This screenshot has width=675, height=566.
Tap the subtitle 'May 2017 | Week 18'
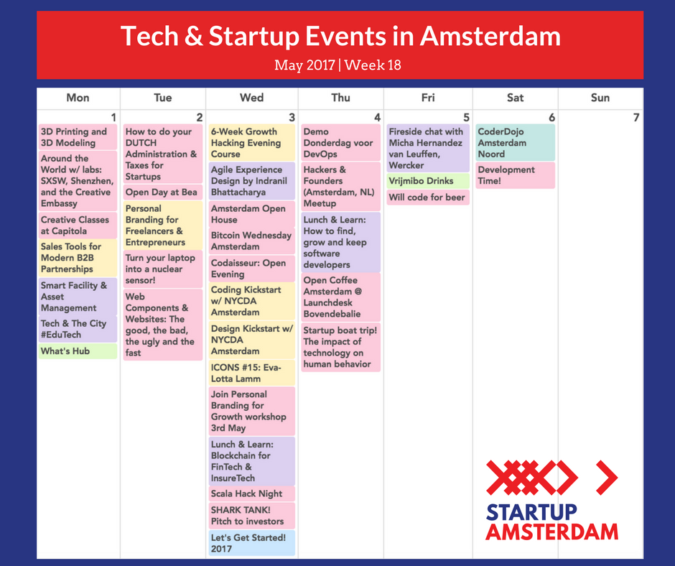pos(337,65)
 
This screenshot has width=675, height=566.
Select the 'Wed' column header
pos(251,98)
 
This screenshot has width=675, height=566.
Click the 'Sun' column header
pos(600,98)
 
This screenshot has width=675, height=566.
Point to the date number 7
pos(636,118)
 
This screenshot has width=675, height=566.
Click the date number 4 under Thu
pos(378,118)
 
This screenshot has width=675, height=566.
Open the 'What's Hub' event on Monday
pos(78,351)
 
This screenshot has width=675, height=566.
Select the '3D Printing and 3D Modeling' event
pos(78,137)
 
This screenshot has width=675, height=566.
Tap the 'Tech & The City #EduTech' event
pos(78,329)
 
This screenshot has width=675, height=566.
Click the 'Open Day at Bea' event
pos(162,192)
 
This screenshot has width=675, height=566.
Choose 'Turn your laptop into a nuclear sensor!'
pos(162,269)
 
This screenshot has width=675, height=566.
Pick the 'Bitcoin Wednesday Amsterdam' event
pos(251,241)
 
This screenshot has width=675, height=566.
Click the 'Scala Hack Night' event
pos(251,494)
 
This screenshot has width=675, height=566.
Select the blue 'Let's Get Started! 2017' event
pos(251,543)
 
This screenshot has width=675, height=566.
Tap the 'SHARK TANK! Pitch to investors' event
pos(251,516)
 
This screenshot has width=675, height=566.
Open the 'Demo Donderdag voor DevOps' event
pos(340,143)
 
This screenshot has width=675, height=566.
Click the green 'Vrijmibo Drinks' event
pos(428,181)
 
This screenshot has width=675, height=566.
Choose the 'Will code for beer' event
pos(428,198)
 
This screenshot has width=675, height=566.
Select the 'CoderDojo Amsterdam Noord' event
pos(515,143)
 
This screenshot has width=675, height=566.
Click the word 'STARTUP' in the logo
pos(531,512)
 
